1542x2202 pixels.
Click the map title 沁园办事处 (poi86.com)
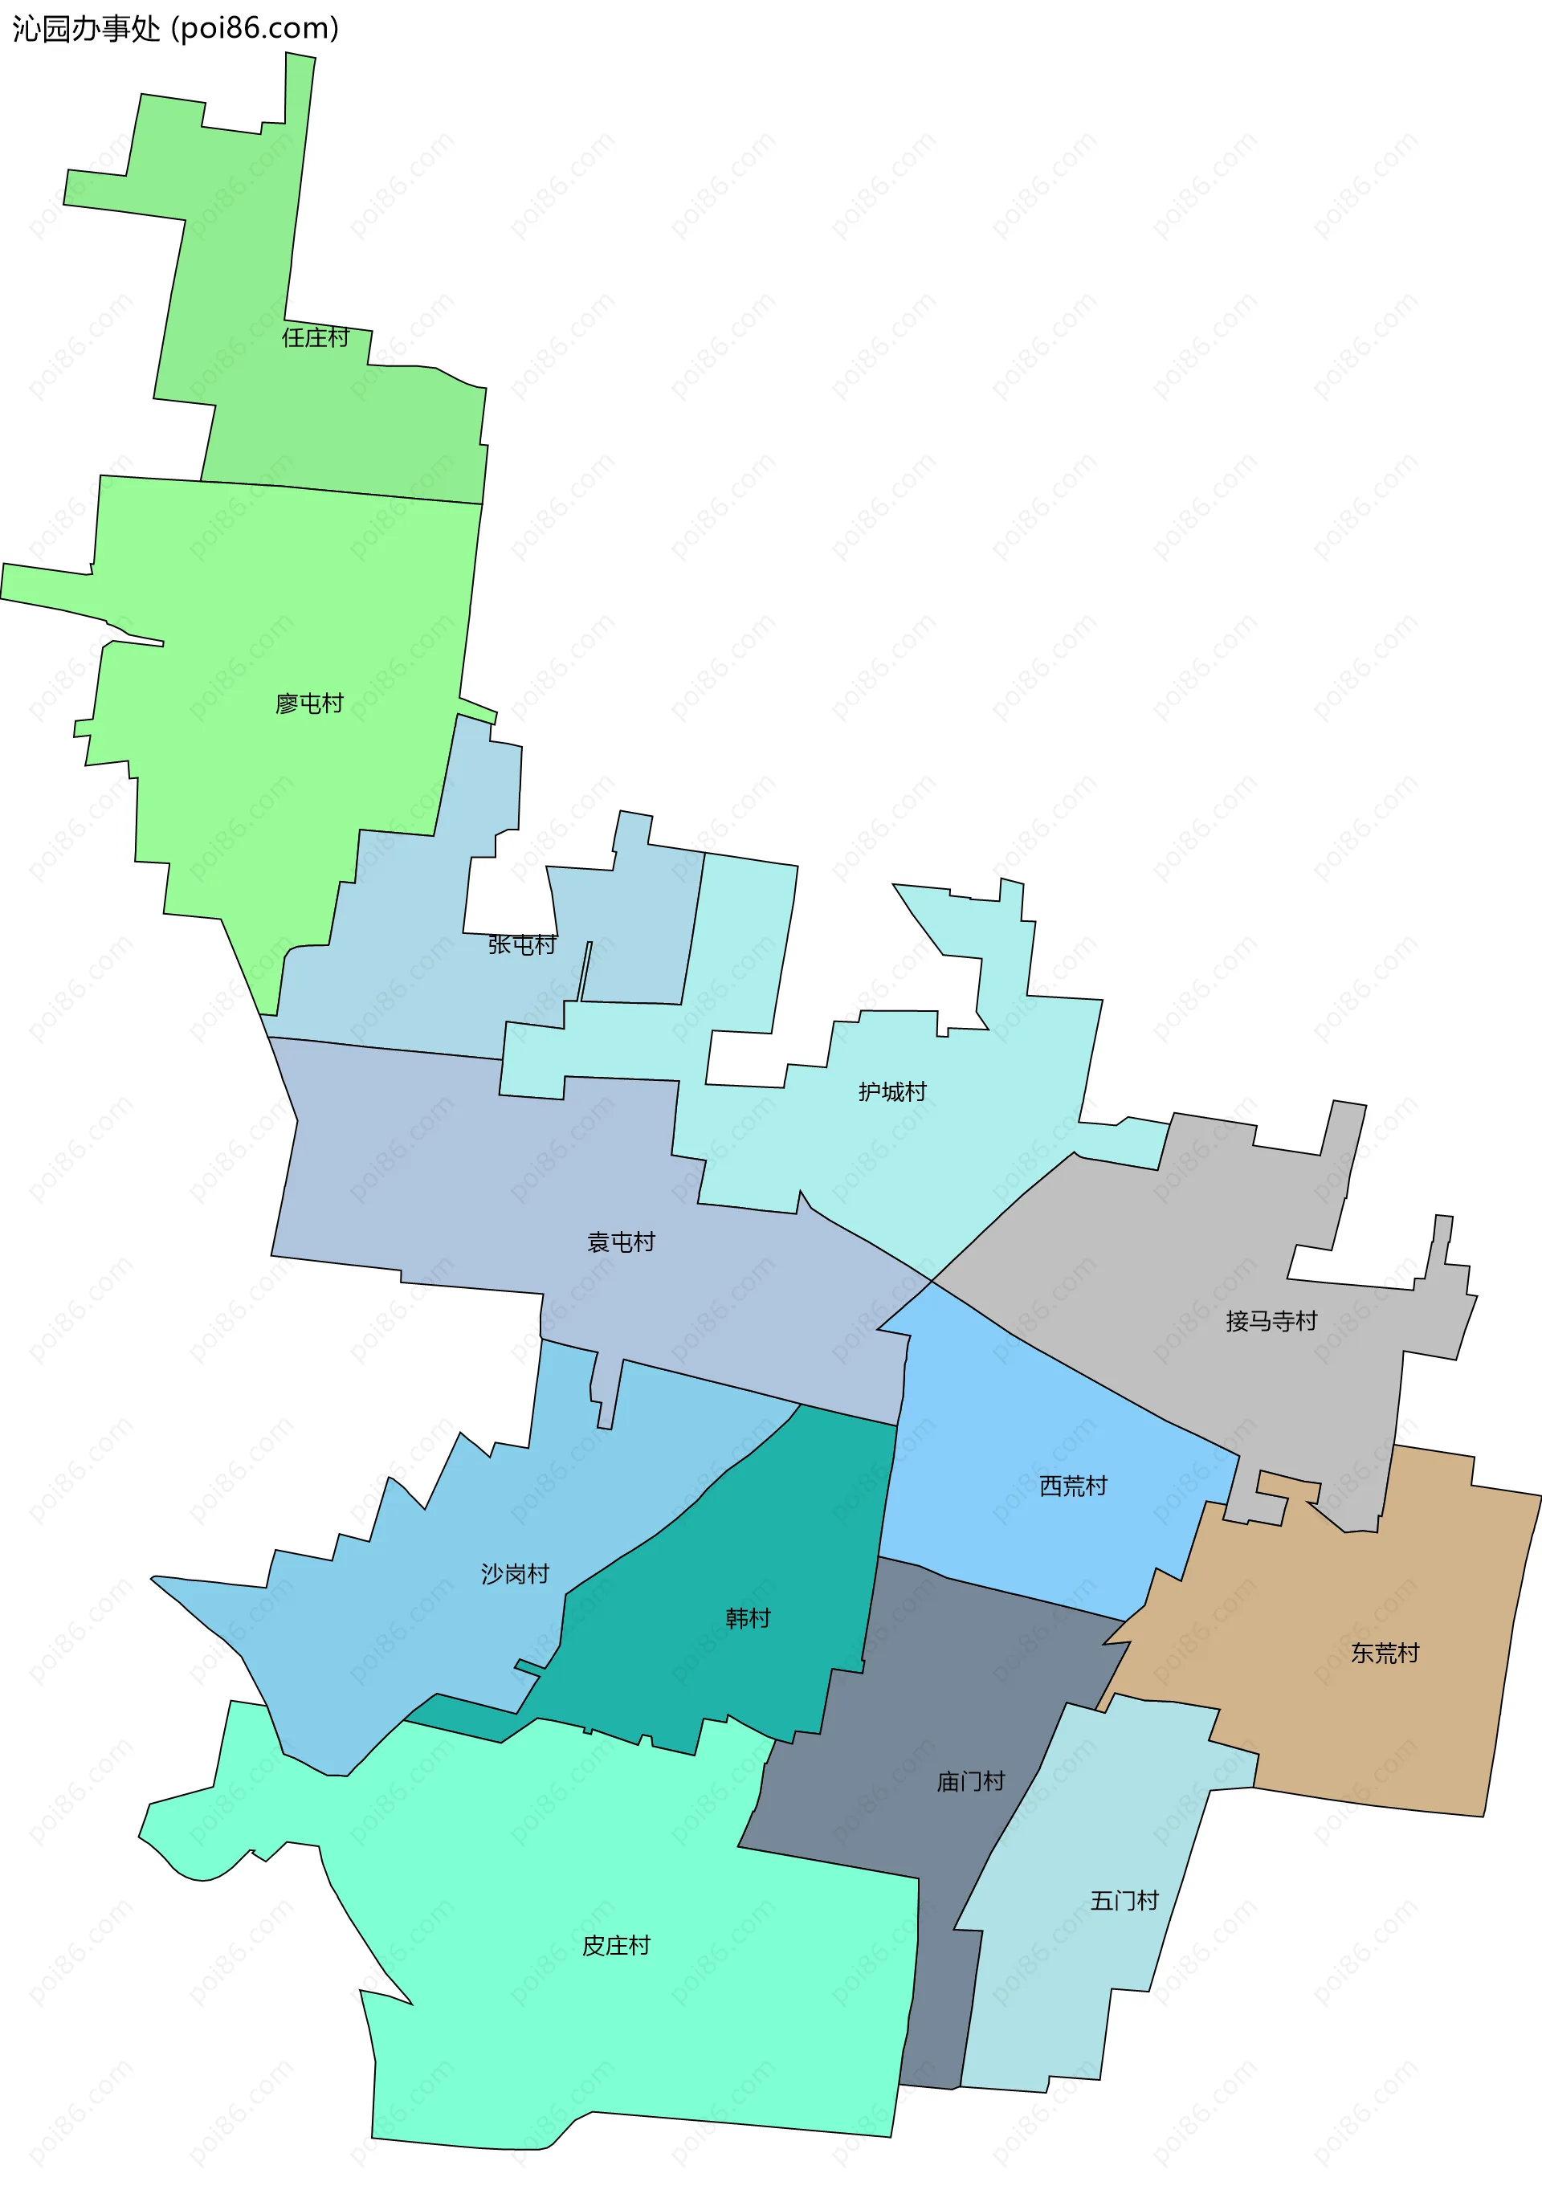tap(176, 29)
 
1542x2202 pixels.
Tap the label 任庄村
tap(316, 336)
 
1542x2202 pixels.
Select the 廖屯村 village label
tap(308, 704)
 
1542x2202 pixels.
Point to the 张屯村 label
tap(522, 944)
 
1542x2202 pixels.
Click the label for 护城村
tap(891, 1091)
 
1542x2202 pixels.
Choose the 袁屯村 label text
tap(621, 1242)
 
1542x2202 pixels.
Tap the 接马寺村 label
tap(1271, 1320)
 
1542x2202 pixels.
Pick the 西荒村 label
tap(1073, 1486)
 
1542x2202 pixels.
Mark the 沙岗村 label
tap(515, 1574)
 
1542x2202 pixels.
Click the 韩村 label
tap(748, 1618)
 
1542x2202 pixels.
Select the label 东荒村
tap(1384, 1653)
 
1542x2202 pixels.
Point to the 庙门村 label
tap(970, 1781)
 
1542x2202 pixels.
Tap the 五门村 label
tap(1124, 1900)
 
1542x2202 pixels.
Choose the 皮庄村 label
tap(616, 1945)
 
